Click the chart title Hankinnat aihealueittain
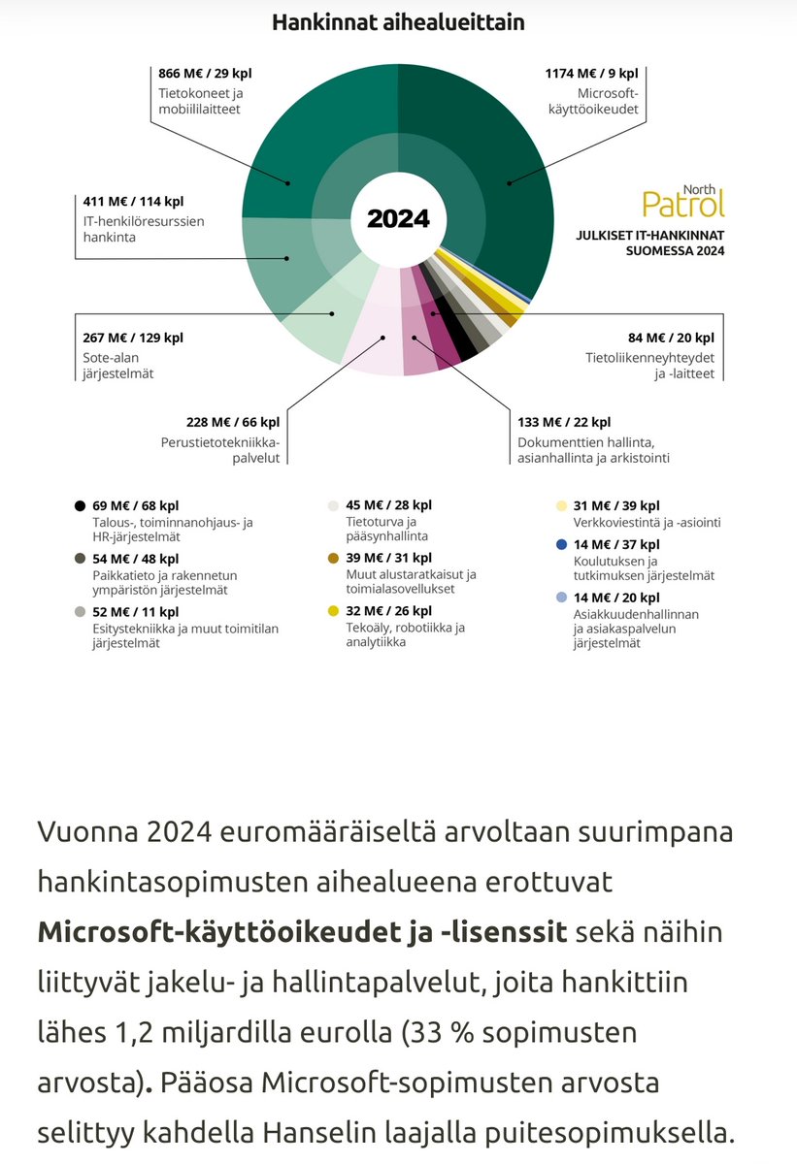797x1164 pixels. (x=398, y=21)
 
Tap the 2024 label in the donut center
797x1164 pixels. (x=398, y=218)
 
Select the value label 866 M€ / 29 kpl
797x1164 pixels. (x=204, y=72)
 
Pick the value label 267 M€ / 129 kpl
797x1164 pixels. (x=133, y=338)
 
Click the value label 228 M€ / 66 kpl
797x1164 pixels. (x=233, y=422)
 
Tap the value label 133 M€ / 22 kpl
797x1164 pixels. (x=564, y=422)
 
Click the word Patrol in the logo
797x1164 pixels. (x=683, y=203)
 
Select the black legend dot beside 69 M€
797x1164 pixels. (x=78, y=505)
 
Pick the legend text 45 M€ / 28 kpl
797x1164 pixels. (x=388, y=505)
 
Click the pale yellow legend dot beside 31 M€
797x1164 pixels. (x=561, y=505)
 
